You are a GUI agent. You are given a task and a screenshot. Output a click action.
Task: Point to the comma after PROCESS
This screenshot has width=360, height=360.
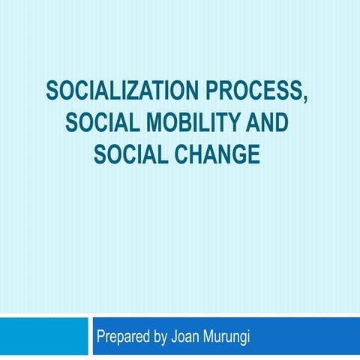305,98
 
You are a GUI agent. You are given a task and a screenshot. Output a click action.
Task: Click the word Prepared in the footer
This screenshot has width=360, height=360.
123,337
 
